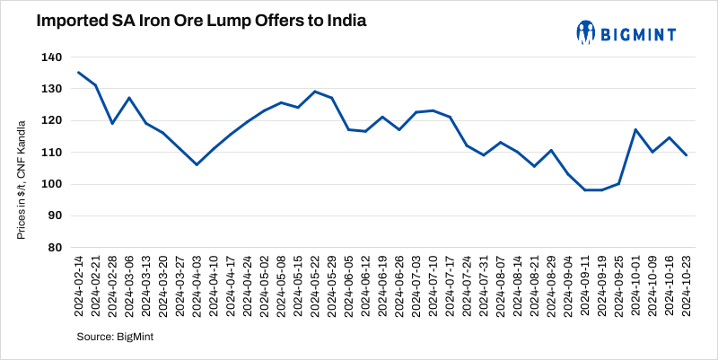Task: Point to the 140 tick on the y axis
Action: pyautogui.click(x=51, y=57)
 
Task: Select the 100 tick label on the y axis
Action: pyautogui.click(x=51, y=184)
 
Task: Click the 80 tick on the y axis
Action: pyautogui.click(x=55, y=248)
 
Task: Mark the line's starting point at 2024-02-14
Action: pyautogui.click(x=79, y=73)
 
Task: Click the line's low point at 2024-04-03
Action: pyautogui.click(x=196, y=164)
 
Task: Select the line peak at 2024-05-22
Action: pyautogui.click(x=315, y=92)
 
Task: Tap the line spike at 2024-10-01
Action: pyautogui.click(x=635, y=129)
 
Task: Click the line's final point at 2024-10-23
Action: pyautogui.click(x=687, y=155)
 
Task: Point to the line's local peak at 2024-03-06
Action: pyautogui.click(x=129, y=98)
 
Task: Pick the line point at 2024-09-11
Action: pyautogui.click(x=584, y=189)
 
